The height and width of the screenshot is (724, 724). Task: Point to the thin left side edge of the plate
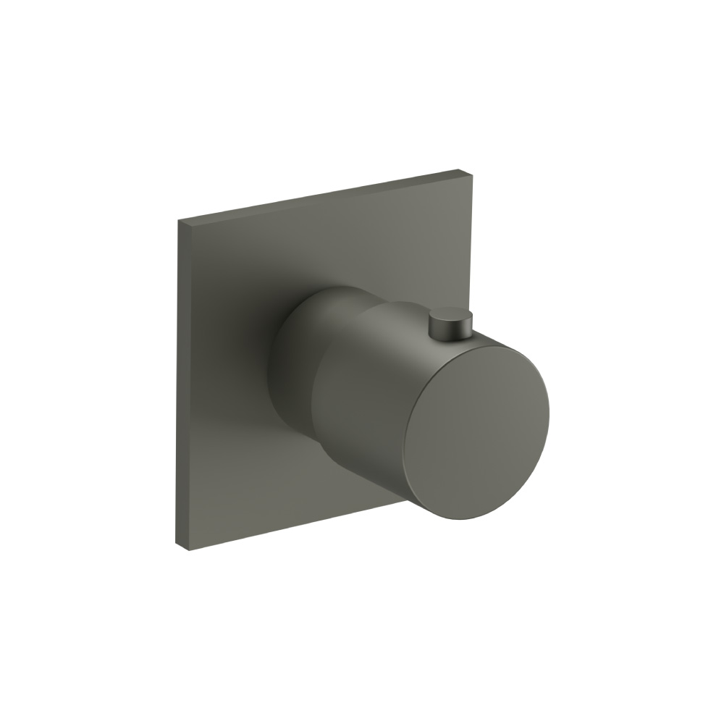click(179, 384)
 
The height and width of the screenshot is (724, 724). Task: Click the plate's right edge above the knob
click(468, 239)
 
